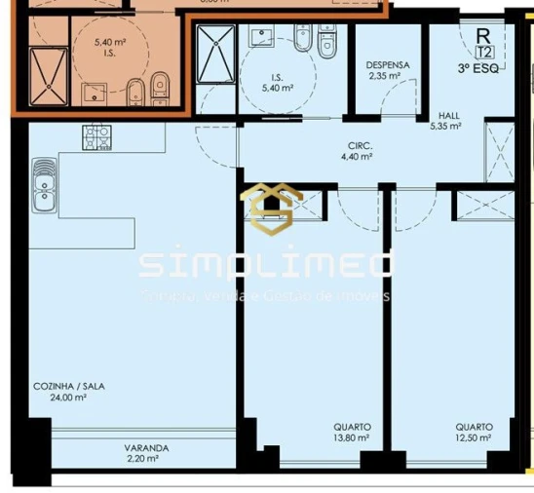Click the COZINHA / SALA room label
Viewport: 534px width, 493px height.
point(68,386)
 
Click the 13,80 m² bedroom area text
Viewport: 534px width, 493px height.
point(351,438)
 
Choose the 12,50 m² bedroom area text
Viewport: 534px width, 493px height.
point(473,438)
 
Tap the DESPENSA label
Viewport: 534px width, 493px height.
point(387,65)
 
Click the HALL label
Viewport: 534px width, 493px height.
point(448,114)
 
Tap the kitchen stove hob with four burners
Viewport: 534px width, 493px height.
point(98,142)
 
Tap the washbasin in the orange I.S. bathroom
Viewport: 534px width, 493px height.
point(95,94)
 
